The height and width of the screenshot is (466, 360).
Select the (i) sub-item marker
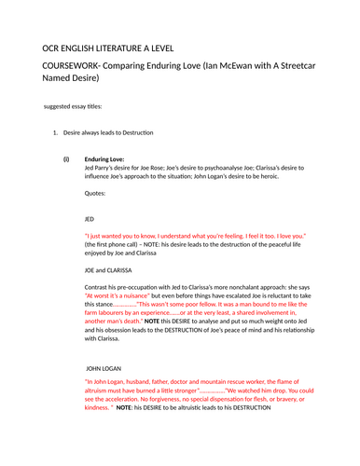[x=66, y=159]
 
